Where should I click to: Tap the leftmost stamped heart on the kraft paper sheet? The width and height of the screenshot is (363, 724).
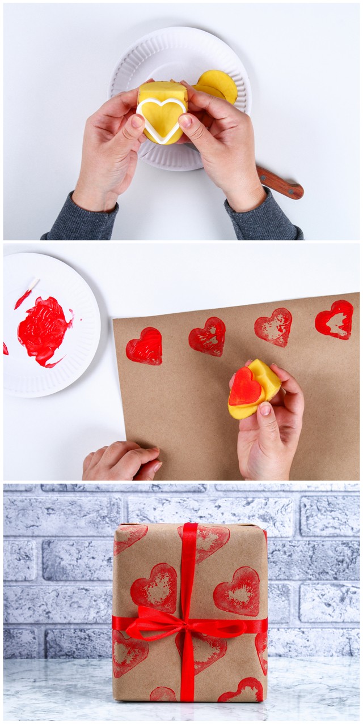point(144,346)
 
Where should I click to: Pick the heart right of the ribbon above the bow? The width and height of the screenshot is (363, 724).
point(237,591)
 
